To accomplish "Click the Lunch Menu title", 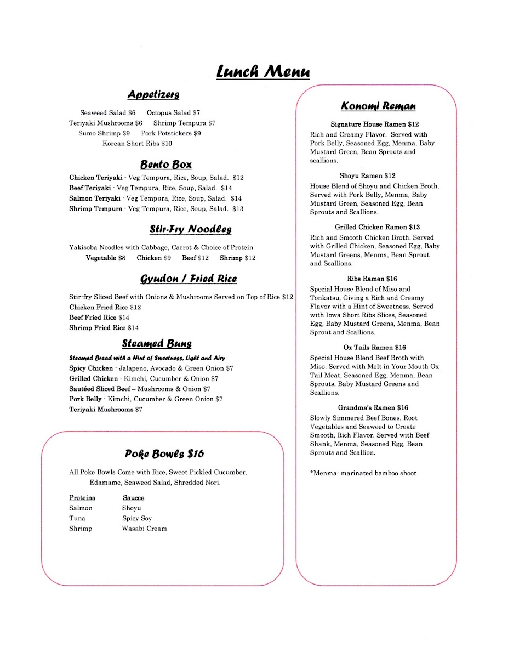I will pos(262,72).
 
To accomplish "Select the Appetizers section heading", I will pos(153,94).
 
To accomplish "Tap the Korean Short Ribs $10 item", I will pos(137,144).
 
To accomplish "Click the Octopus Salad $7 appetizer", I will pos(173,112).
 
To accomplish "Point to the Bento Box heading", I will pos(165,164).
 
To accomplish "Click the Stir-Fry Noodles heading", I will pos(190,229).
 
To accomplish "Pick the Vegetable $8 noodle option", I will pos(105,258).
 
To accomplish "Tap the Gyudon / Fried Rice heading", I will pos(189,279).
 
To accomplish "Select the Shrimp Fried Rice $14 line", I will pos(104,328).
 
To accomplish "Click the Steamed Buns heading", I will pos(157,344).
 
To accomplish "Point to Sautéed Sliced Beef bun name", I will pos(100,389).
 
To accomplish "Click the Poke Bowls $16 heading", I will pos(164,453).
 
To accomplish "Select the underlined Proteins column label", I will pos(82,498).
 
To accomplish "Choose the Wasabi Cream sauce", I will pos(144,529).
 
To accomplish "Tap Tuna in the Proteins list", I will pos(77,518).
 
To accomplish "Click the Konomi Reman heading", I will pos(378,106).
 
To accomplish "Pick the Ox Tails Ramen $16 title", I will pos(375,348).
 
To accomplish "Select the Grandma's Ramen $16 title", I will pos(373,408).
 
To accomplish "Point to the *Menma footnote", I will pos(363,473).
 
